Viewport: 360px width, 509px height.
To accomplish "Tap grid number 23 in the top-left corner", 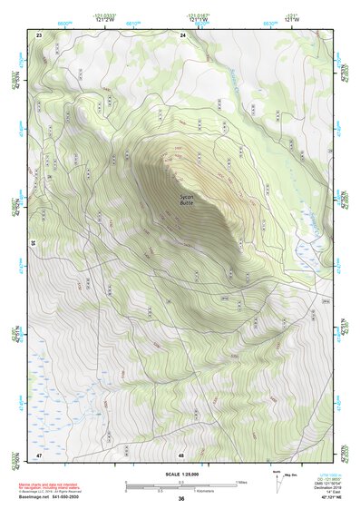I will tap(39, 34).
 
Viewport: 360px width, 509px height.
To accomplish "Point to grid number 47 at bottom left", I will tap(39, 454).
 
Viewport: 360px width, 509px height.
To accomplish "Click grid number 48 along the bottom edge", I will tap(181, 455).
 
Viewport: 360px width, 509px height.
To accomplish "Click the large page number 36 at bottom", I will tap(181, 499).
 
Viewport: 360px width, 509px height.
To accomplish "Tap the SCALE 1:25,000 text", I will tap(180, 474).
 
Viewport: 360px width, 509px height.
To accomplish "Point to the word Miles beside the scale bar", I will tap(241, 481).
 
